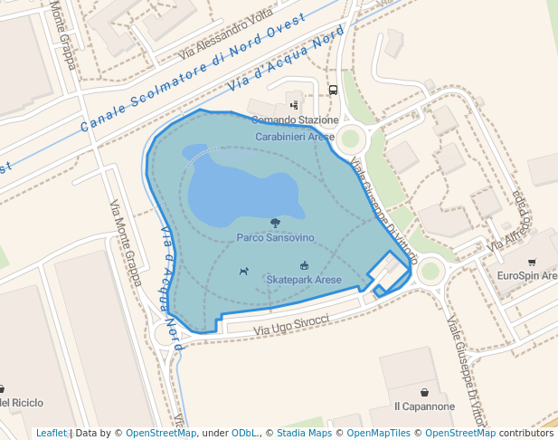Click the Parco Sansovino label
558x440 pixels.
point(275,237)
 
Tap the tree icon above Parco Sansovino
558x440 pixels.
point(275,222)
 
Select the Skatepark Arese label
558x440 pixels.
point(304,280)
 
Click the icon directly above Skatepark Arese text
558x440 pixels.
point(304,265)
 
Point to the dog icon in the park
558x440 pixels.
point(243,271)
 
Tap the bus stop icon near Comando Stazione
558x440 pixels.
point(333,91)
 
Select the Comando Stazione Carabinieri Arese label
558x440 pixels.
point(295,128)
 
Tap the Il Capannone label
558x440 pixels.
point(424,407)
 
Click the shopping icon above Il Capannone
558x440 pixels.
point(424,392)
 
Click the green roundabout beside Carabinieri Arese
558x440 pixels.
point(348,139)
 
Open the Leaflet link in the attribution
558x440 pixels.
point(51,434)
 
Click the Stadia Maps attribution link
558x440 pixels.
point(305,434)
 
